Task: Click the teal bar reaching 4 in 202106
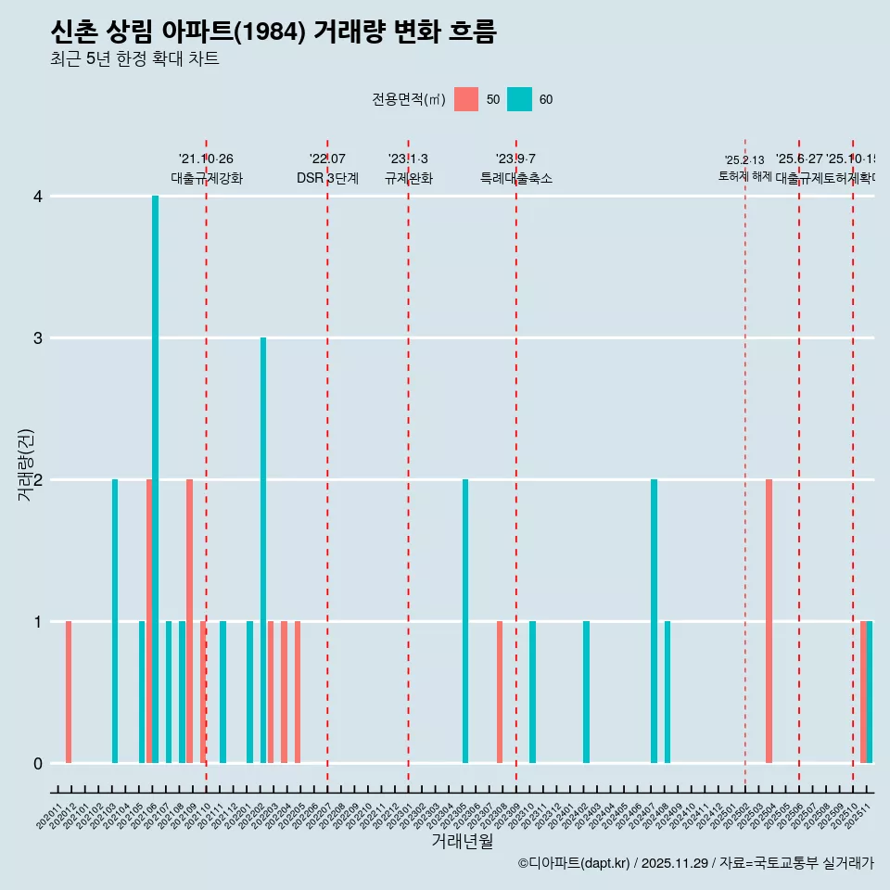click(156, 479)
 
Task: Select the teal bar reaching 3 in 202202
click(263, 550)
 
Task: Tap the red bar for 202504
click(769, 621)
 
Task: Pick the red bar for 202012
click(69, 692)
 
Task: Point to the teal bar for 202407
click(655, 621)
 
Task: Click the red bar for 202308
click(500, 692)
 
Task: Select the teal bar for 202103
click(115, 621)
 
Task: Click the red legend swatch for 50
click(466, 99)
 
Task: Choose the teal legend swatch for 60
click(520, 99)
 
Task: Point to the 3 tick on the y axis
click(38, 338)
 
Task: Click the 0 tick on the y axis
click(38, 763)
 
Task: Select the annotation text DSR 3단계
click(327, 178)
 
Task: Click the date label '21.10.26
click(206, 159)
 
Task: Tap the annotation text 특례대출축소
click(515, 178)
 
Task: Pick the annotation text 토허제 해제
click(745, 176)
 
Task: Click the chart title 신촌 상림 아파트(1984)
click(273, 32)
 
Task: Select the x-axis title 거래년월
click(462, 841)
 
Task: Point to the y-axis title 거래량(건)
click(25, 464)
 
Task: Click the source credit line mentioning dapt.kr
click(695, 863)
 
